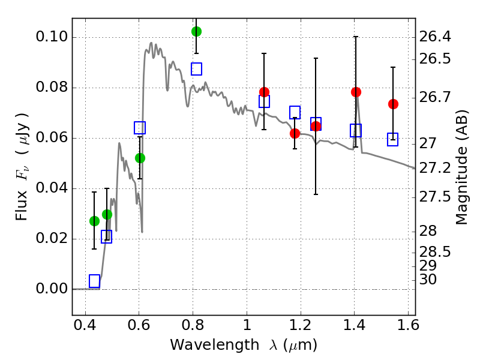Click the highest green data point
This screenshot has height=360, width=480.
click(196, 31)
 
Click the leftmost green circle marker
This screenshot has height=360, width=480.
click(94, 221)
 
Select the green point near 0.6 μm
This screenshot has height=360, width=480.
click(140, 158)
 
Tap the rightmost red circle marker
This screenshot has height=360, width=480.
click(393, 104)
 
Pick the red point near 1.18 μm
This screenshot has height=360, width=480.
click(295, 133)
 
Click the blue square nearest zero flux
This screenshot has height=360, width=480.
click(94, 281)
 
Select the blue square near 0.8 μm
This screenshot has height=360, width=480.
click(196, 68)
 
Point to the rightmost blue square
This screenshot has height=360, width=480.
click(393, 139)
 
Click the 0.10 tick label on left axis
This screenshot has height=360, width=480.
click(53, 37)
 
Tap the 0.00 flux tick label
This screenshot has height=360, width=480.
click(53, 289)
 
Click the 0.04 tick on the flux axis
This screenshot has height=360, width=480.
click(53, 188)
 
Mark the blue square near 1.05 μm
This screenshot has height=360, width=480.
click(264, 101)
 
